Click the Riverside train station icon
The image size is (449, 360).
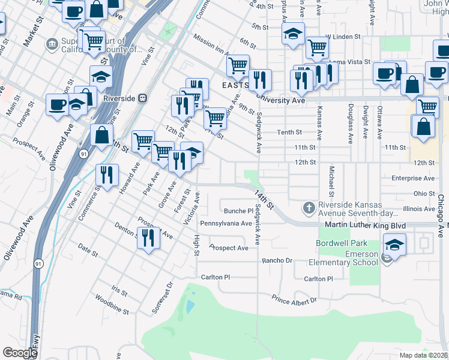[143, 98]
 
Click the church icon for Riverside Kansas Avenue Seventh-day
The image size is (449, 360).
[309, 208]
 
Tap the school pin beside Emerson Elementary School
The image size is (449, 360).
[394, 245]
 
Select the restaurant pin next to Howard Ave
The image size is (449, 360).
[106, 175]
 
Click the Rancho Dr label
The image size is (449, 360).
[277, 260]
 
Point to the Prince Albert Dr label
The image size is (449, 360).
[294, 300]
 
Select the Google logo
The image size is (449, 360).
[20, 353]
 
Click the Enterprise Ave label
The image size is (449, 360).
[412, 178]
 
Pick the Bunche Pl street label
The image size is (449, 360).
[238, 211]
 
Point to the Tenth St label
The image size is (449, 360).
[288, 132]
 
